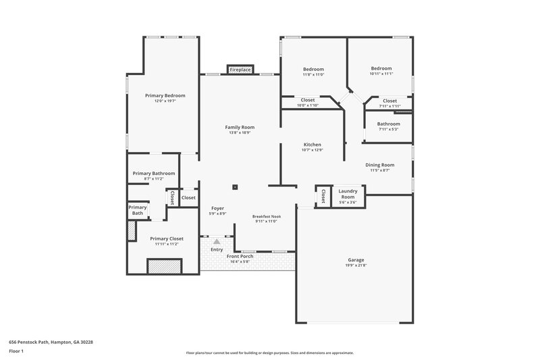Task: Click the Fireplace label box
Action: (x=240, y=70)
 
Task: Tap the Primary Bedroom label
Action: (x=165, y=95)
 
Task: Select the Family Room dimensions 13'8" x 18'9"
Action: (x=240, y=133)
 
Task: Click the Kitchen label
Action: (x=312, y=145)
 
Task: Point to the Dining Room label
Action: (x=379, y=165)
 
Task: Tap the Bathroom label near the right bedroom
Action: (x=388, y=124)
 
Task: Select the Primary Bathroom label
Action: (x=153, y=174)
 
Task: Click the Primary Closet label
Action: (x=166, y=238)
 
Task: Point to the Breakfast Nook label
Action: (x=267, y=217)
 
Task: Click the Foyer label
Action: (x=217, y=208)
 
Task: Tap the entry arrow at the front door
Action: (x=217, y=241)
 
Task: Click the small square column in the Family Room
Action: (x=235, y=187)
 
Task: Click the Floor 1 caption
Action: (x=16, y=351)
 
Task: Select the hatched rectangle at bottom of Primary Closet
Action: (x=165, y=267)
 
